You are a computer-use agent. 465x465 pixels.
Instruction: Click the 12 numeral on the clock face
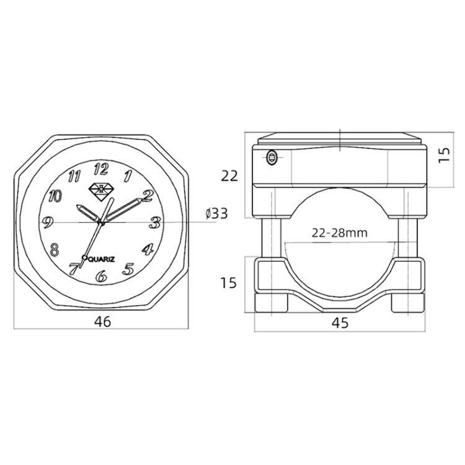pos(101,169)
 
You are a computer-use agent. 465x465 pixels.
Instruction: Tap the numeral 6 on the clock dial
pos(101,276)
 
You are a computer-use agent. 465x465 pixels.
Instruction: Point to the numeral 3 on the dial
pos(155,223)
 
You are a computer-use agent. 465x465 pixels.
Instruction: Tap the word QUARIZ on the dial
pos(102,260)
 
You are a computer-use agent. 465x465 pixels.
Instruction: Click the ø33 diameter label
pos(217,213)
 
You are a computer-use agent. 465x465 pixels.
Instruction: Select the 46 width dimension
pos(102,321)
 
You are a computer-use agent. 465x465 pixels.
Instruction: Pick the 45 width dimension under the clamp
pos(340,323)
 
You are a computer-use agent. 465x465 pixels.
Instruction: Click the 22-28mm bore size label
pos(340,233)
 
